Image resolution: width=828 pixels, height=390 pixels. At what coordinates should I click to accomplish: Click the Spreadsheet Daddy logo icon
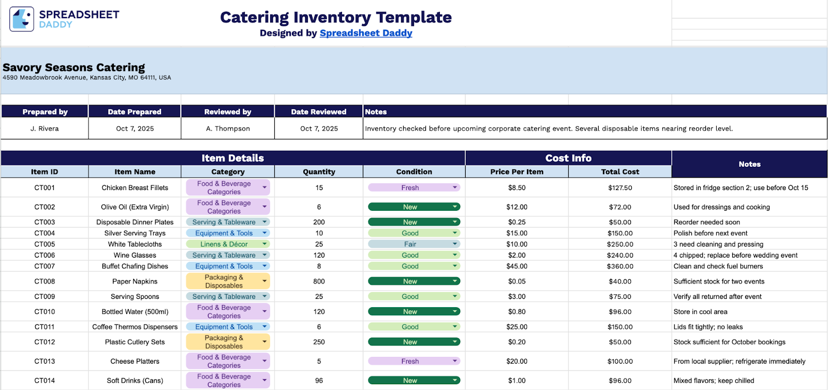[x=22, y=19]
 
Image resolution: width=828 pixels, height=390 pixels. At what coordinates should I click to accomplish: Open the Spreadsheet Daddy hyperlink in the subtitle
[x=366, y=33]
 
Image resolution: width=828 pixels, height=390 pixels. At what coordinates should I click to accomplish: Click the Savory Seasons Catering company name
[x=74, y=67]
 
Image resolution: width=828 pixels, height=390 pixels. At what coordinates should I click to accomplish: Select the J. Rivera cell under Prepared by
[x=45, y=128]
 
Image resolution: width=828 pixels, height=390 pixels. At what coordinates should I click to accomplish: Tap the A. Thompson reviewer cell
[x=228, y=128]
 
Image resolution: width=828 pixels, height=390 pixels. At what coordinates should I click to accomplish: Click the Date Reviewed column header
[x=318, y=112]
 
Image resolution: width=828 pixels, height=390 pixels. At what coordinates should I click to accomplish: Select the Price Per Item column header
[x=516, y=172]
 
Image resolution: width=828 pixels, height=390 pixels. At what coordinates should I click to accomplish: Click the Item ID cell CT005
[x=45, y=244]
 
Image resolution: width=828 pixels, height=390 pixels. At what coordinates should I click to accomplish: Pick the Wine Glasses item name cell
[x=135, y=255]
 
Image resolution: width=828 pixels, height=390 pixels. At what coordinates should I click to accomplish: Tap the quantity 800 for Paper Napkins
[x=319, y=282]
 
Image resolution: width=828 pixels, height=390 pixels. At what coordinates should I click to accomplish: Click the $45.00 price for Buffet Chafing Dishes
[x=516, y=266]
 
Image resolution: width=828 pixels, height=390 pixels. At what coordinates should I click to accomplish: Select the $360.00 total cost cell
[x=620, y=266]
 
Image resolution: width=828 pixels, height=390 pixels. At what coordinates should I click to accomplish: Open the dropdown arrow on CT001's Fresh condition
[x=455, y=187]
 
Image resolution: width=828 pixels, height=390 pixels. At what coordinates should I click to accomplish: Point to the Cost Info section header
[x=568, y=158]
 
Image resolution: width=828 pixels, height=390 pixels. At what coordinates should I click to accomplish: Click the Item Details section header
[x=232, y=158]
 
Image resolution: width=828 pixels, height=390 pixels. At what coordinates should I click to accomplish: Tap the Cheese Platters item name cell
[x=135, y=362]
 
